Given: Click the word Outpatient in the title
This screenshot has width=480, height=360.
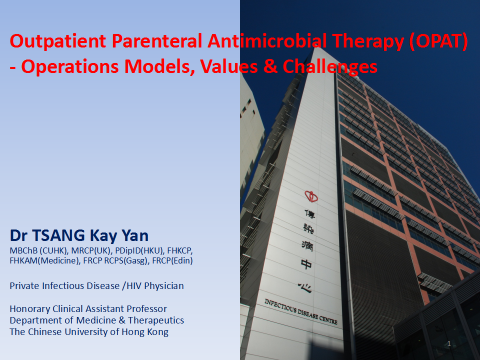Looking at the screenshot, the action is point(58,41).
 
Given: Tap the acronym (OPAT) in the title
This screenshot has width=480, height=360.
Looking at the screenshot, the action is point(438,41).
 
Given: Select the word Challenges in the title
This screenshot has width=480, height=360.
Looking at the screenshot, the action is point(330,67).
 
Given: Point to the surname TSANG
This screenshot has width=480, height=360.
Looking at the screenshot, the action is point(58,235).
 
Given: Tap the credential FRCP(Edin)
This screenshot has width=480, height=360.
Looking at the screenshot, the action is point(172,261).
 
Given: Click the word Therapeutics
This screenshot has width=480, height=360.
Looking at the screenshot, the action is point(156,320).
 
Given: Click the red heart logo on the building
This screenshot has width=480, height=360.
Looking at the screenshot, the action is point(311,196).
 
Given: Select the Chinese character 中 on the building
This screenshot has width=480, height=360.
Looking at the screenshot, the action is point(306,264).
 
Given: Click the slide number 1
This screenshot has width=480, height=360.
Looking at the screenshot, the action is point(449,344).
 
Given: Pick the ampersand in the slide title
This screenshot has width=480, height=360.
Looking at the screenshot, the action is point(270,66).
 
